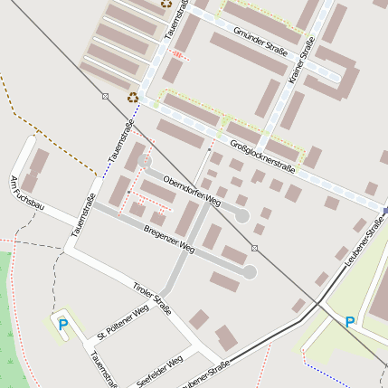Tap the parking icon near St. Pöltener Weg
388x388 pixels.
click(x=62, y=324)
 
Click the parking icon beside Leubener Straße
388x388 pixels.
click(x=350, y=321)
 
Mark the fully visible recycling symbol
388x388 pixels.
click(x=133, y=97)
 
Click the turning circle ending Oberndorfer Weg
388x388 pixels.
click(x=241, y=215)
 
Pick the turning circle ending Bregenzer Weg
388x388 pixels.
click(x=250, y=271)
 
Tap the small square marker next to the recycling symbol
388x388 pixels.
click(x=106, y=96)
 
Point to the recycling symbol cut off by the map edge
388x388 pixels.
click(x=166, y=4)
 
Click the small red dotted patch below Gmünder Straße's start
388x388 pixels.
click(x=179, y=55)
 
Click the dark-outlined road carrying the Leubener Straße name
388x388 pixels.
click(x=271, y=343)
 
